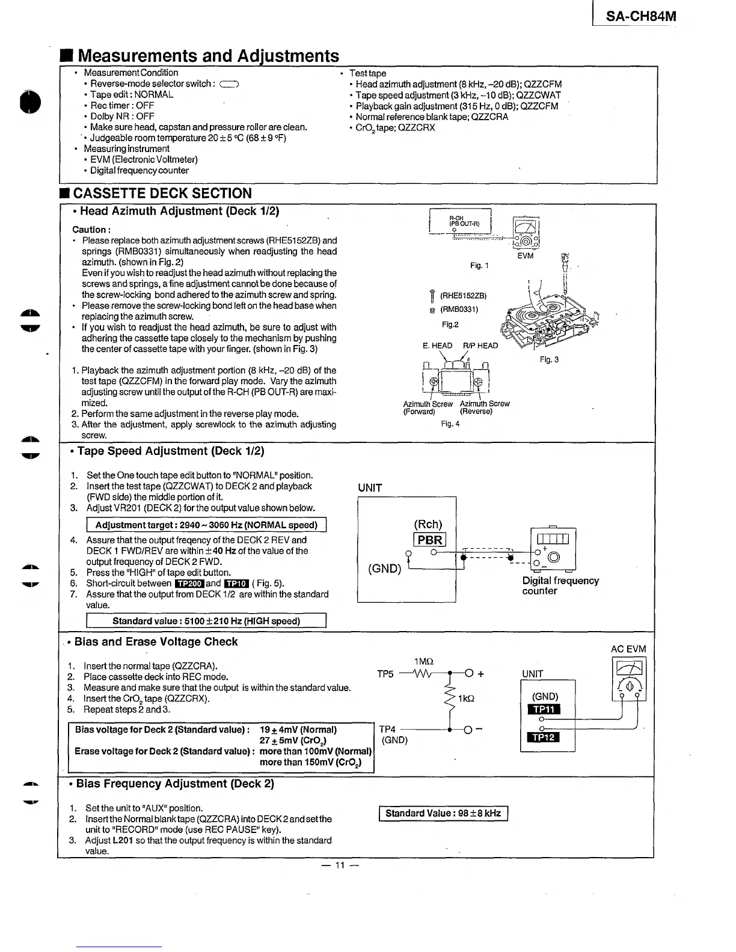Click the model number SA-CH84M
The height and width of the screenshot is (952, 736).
pyautogui.click(x=640, y=16)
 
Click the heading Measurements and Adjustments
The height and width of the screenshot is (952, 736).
pyautogui.click(x=208, y=56)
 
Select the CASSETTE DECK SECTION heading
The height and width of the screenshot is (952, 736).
pyautogui.click(x=162, y=194)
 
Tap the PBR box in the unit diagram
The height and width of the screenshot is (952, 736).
pyautogui.click(x=429, y=540)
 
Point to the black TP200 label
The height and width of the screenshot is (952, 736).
pyautogui.click(x=189, y=584)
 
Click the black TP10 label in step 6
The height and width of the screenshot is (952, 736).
pyautogui.click(x=236, y=584)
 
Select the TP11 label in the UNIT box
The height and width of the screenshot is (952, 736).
pyautogui.click(x=543, y=709)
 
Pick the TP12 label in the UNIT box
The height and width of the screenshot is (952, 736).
pyautogui.click(x=543, y=737)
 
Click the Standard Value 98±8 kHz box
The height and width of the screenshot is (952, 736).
pyautogui.click(x=443, y=814)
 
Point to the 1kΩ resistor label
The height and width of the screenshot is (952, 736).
pyautogui.click(x=466, y=699)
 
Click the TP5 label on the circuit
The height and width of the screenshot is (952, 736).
pyautogui.click(x=385, y=674)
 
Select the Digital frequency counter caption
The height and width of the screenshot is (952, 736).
pyautogui.click(x=560, y=586)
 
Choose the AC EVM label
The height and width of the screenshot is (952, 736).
pyautogui.click(x=628, y=649)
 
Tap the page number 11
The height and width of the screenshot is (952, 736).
pyautogui.click(x=340, y=865)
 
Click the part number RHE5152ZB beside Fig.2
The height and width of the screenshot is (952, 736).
pyautogui.click(x=463, y=296)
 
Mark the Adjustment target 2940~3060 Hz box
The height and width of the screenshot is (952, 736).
pyautogui.click(x=206, y=525)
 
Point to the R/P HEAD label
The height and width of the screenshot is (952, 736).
pyautogui.click(x=480, y=346)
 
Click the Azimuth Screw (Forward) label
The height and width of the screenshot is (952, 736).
pyautogui.click(x=428, y=407)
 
